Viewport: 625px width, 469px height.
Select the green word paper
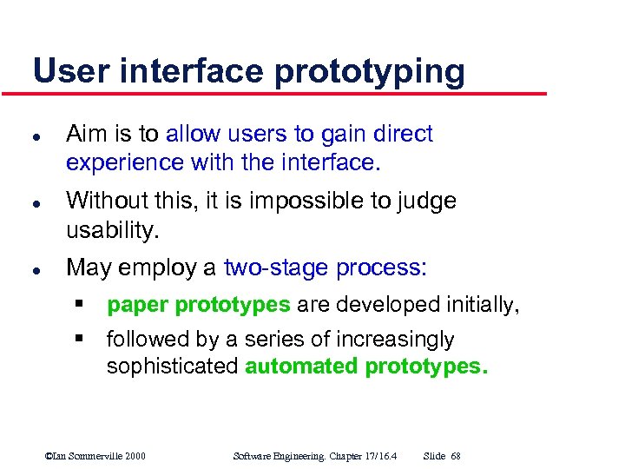pos(138,306)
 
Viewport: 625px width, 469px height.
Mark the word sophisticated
pos(172,366)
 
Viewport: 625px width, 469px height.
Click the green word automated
pos(301,366)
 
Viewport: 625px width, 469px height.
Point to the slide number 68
pos(457,456)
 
